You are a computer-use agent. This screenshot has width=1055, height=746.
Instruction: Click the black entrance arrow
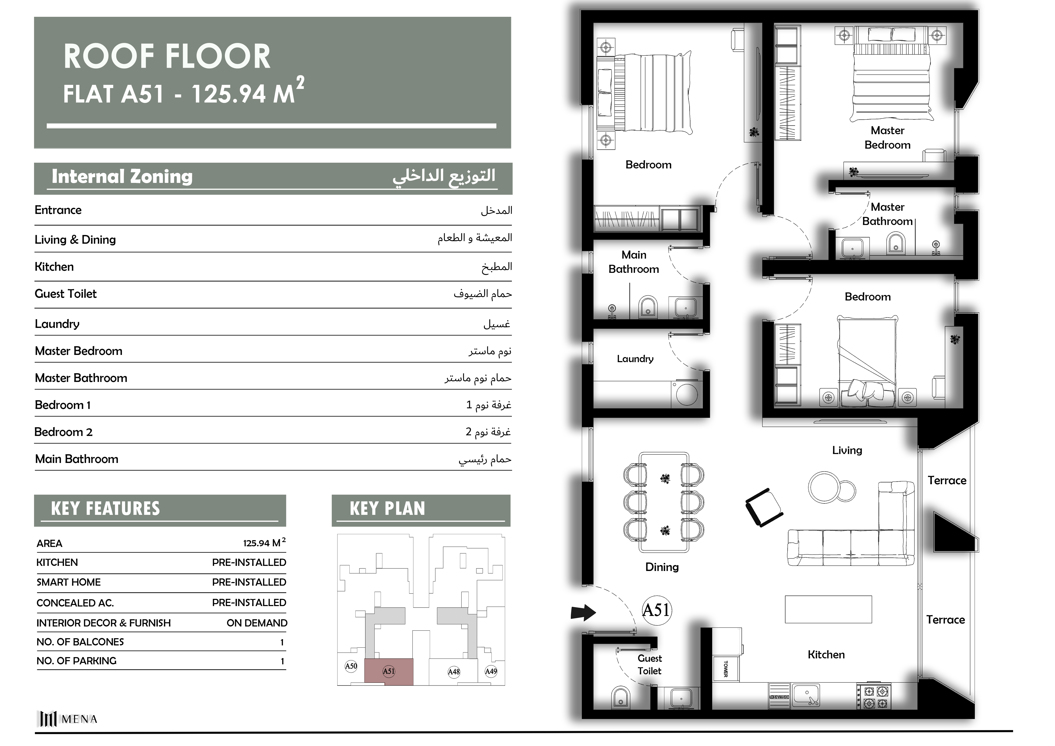[x=583, y=612]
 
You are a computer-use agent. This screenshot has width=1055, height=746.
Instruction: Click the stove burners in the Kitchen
[x=874, y=697]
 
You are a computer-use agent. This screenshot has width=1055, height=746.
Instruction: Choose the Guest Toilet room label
[x=649, y=664]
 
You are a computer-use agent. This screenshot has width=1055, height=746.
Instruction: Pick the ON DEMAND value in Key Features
[x=257, y=623]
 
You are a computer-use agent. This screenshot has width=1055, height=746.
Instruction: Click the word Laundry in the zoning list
[x=57, y=324]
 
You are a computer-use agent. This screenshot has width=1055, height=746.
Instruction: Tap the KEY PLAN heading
[x=387, y=508]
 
